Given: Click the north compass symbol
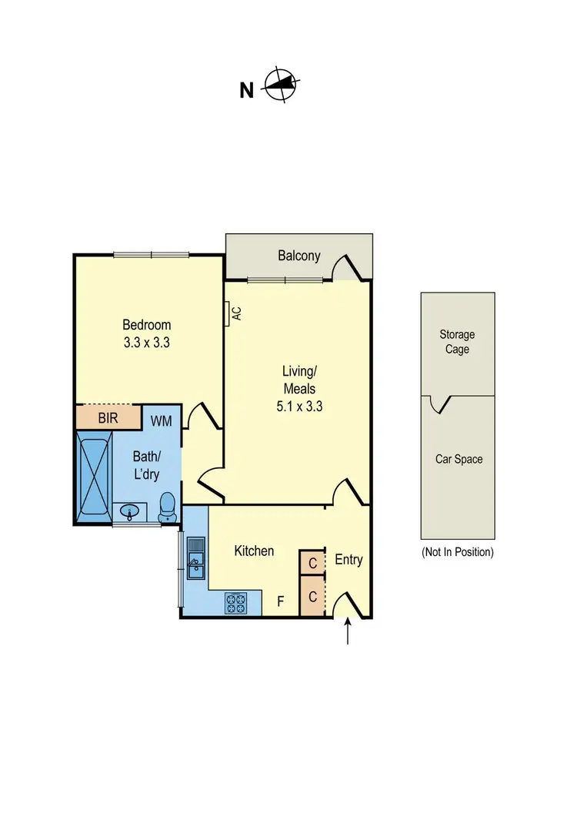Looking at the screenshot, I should pyautogui.click(x=282, y=85).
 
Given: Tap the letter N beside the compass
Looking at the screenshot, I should pyautogui.click(x=246, y=91).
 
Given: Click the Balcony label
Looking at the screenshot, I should pyautogui.click(x=299, y=256).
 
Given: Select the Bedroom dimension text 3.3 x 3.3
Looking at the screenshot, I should pyautogui.click(x=146, y=343).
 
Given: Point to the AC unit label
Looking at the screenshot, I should pyautogui.click(x=237, y=313).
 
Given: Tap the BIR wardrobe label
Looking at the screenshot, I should pyautogui.click(x=108, y=418).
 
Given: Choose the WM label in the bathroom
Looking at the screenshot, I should pyautogui.click(x=162, y=420).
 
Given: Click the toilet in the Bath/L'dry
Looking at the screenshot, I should pyautogui.click(x=167, y=507).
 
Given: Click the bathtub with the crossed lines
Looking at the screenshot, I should pyautogui.click(x=94, y=476).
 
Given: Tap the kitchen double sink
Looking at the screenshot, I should pyautogui.click(x=195, y=558).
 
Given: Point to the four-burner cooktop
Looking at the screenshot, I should pyautogui.click(x=235, y=603).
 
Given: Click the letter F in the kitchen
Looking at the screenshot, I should pyautogui.click(x=282, y=602).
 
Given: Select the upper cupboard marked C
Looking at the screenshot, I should pyautogui.click(x=312, y=563).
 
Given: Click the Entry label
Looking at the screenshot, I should pyautogui.click(x=349, y=560).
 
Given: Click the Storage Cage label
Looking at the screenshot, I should pyautogui.click(x=457, y=342).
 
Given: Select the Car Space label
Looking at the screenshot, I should pyautogui.click(x=459, y=459).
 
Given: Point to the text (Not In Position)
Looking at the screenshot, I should pyautogui.click(x=457, y=552).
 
